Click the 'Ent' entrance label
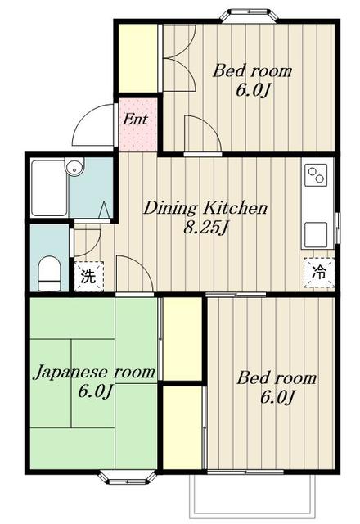135,119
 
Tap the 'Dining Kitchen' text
205,208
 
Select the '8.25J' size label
206,228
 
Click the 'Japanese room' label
95,372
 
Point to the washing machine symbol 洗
88,277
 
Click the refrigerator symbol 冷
318,273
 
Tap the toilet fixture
49,273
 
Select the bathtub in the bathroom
49,187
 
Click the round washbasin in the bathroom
74,167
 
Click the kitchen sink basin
316,235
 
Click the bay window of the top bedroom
250,16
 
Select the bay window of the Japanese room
128,477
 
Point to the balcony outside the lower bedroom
253,495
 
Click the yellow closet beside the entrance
138,58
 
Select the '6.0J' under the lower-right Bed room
277,398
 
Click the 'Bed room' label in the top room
253,71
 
